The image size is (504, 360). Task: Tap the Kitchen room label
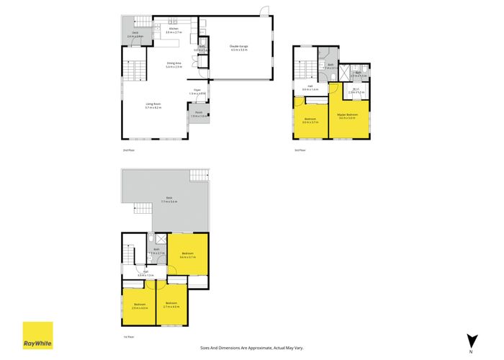tap(173, 29)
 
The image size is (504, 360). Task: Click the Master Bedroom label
tap(348, 114)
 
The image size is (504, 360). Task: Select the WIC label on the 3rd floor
tap(356, 90)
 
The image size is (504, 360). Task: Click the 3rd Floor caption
tap(300, 150)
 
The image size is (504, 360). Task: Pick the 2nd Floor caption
tap(128, 150)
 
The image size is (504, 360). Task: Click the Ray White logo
tap(37, 336)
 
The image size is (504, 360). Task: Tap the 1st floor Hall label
tap(145, 271)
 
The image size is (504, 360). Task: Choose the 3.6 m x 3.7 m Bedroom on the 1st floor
tap(188, 253)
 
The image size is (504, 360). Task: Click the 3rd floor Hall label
tap(307, 87)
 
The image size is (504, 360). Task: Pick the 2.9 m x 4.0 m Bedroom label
tap(140, 305)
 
